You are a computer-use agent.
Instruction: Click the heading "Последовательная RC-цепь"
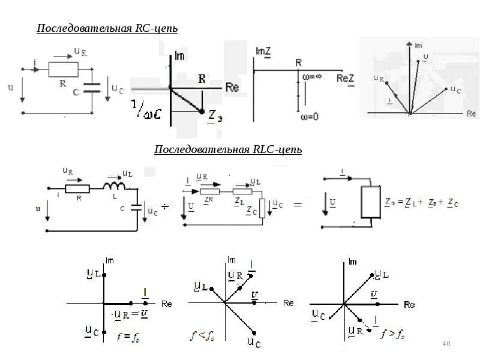click(107, 29)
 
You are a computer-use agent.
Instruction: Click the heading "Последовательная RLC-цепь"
click(228, 149)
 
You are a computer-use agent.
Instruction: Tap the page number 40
click(445, 344)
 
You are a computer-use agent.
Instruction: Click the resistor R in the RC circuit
click(62, 70)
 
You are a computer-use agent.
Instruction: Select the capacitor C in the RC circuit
click(92, 89)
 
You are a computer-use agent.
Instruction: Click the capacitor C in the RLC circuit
click(137, 208)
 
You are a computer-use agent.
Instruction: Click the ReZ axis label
click(346, 78)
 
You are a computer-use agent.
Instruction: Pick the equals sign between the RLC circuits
click(298, 205)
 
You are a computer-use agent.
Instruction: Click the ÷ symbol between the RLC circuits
click(166, 206)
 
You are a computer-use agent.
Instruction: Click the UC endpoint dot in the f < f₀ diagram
click(256, 333)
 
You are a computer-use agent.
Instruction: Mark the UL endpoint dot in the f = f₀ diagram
click(104, 275)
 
